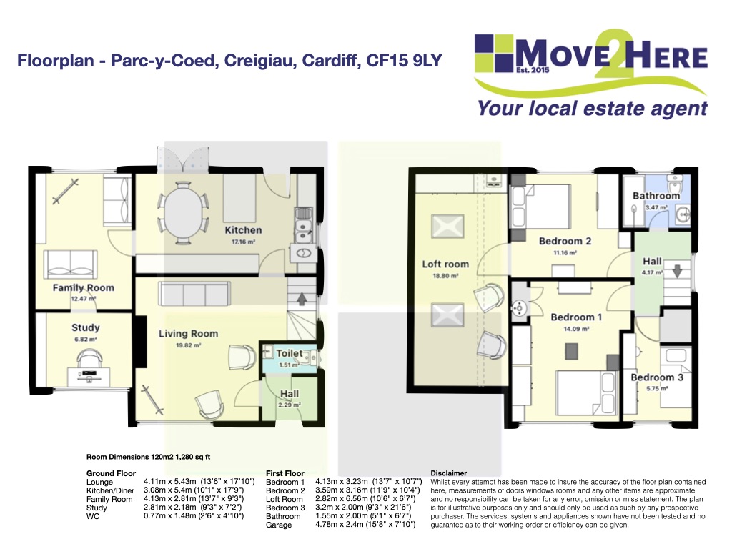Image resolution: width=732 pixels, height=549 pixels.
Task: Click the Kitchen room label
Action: click(x=243, y=230)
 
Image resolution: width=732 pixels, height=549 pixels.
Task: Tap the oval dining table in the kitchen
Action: click(x=182, y=213)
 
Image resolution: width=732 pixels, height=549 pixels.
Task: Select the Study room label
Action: click(x=86, y=327)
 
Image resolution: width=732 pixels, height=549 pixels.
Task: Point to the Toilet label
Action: click(x=290, y=353)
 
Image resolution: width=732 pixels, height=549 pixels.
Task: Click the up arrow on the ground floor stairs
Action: click(x=302, y=298)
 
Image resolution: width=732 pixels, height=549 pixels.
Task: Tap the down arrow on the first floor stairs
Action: click(x=677, y=271)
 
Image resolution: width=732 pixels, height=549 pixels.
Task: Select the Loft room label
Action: click(x=445, y=264)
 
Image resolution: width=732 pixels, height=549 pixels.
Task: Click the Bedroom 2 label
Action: click(x=565, y=242)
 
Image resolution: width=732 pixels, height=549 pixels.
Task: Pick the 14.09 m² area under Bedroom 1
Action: click(x=576, y=329)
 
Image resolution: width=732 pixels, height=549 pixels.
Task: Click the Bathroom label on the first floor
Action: click(x=656, y=196)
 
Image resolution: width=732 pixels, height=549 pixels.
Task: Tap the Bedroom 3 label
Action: click(x=657, y=377)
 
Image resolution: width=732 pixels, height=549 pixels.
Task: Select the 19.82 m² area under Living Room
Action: click(x=188, y=345)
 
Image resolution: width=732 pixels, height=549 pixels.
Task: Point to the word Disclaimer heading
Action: click(x=448, y=473)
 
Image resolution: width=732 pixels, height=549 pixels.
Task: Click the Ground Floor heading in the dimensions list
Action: click(x=111, y=473)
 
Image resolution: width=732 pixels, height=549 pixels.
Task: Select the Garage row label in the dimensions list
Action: click(x=279, y=525)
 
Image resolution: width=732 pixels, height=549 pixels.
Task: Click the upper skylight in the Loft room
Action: click(x=447, y=227)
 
